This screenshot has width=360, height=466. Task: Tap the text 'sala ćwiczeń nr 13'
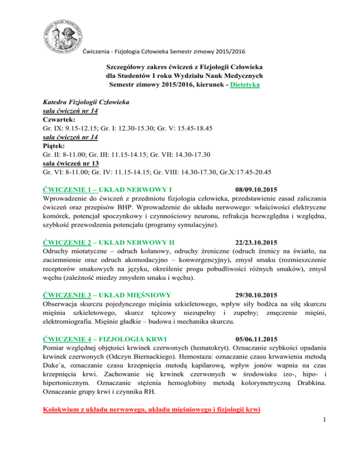click(x=72, y=161)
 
